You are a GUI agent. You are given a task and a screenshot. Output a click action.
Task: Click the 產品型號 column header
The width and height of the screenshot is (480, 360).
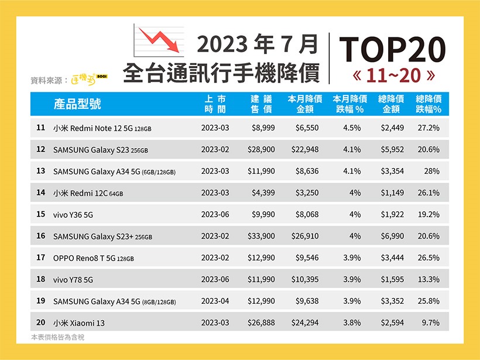(x=77, y=104)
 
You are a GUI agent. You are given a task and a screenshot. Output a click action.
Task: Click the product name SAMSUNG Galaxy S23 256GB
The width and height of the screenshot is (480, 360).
(x=101, y=150)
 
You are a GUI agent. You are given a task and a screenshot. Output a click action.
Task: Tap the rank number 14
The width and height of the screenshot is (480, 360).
(x=40, y=193)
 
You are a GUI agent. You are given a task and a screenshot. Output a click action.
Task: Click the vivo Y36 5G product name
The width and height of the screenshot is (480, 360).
(x=73, y=215)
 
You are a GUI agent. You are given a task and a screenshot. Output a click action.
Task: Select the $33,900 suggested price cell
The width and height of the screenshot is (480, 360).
(x=260, y=236)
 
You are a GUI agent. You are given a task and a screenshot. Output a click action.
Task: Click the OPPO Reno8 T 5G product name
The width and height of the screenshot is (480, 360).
(x=94, y=258)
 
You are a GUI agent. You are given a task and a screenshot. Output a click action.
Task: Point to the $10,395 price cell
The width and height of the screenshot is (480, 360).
(x=305, y=280)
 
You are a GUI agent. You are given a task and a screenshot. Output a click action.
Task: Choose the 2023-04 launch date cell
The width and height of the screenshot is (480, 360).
(x=215, y=301)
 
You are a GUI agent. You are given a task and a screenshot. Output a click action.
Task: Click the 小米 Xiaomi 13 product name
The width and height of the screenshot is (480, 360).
(x=79, y=323)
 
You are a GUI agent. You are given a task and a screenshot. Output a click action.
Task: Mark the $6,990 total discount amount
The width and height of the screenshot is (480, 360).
(x=392, y=236)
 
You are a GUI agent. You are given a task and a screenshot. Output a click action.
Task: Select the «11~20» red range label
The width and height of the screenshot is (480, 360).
(x=392, y=76)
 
